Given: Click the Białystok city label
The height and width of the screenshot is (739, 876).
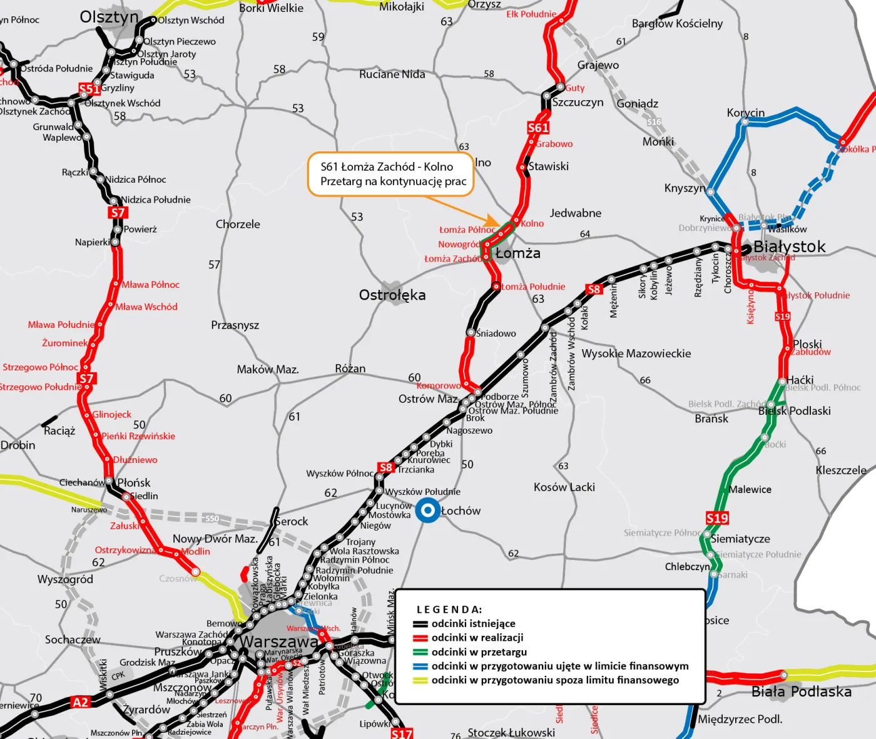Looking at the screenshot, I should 789,247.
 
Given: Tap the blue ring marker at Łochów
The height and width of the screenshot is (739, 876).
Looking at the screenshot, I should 428,511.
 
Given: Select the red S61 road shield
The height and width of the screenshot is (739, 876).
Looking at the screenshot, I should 538,128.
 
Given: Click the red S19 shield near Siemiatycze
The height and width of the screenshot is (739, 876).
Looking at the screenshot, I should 717,518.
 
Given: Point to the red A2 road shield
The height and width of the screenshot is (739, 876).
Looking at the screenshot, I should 81,702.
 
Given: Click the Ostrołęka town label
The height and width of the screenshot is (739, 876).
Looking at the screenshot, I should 392,295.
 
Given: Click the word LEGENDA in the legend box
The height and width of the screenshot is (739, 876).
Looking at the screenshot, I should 449,609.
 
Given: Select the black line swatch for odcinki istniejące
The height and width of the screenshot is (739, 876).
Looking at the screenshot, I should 420,624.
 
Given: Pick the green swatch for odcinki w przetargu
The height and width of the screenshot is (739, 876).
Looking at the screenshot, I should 420,652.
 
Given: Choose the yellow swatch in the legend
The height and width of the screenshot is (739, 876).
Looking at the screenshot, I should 420,680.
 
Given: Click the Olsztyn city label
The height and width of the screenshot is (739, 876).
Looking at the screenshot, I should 109,17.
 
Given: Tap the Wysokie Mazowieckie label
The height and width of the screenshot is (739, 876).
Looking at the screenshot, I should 636,354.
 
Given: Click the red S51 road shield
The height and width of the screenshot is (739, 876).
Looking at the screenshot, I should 88,89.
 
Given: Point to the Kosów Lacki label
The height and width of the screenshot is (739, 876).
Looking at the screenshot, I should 564,487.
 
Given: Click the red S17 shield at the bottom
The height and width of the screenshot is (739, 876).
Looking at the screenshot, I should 402,733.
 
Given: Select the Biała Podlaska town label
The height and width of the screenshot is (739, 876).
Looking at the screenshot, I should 801,691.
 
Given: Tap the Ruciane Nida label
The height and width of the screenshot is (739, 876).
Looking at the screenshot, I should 392,74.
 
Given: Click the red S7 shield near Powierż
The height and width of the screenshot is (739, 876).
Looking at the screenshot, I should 118,213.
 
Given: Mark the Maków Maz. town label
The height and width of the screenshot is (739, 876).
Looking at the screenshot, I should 267,369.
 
